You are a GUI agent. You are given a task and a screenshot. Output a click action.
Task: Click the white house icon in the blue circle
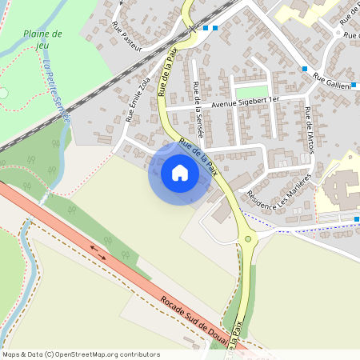180,172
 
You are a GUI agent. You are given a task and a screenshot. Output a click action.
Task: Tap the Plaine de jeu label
44,39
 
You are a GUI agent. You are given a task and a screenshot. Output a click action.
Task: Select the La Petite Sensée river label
58,91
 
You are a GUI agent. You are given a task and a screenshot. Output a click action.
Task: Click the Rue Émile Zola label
138,99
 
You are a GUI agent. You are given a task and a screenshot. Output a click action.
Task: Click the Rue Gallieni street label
336,81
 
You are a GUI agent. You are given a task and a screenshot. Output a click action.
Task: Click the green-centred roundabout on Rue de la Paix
249,238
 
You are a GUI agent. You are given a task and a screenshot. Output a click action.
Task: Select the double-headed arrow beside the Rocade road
98,253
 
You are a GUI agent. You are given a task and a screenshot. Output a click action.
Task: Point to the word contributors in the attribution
138,354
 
